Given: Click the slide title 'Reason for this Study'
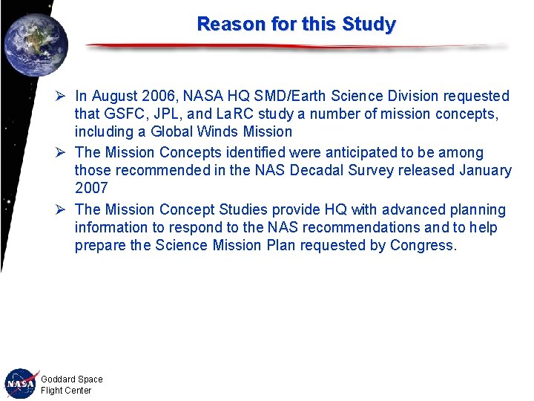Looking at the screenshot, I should coord(296,24).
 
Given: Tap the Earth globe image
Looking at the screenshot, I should coord(35,45).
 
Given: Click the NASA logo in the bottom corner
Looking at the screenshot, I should coord(22,384).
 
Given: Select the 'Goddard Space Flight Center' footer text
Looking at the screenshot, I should coord(71,385).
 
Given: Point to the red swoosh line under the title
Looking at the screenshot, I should coord(297,47).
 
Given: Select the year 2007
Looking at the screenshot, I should coord(91,189).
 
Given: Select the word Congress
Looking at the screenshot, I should coord(423,246).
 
